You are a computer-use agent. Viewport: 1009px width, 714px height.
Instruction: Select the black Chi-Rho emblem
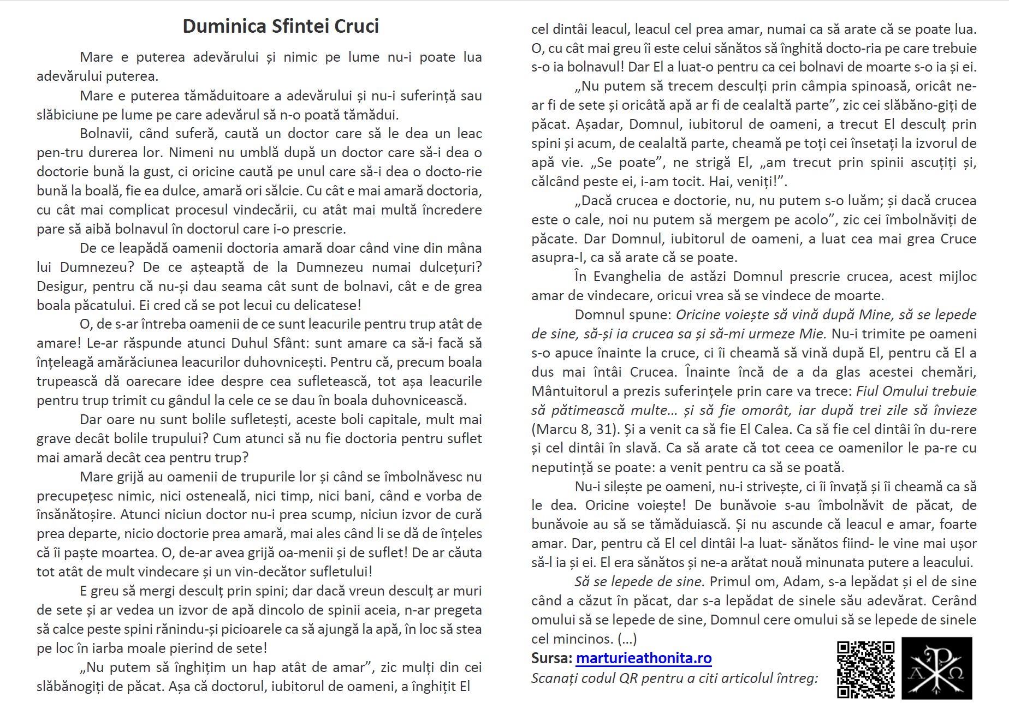tap(937, 668)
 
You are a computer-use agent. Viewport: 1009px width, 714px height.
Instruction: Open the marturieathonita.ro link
tap(644, 658)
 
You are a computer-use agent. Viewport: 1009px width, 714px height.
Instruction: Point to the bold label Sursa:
tap(551, 658)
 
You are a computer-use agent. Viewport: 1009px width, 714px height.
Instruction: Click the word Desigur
tap(61, 286)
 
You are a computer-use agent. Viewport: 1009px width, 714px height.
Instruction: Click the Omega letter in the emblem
tap(955, 673)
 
